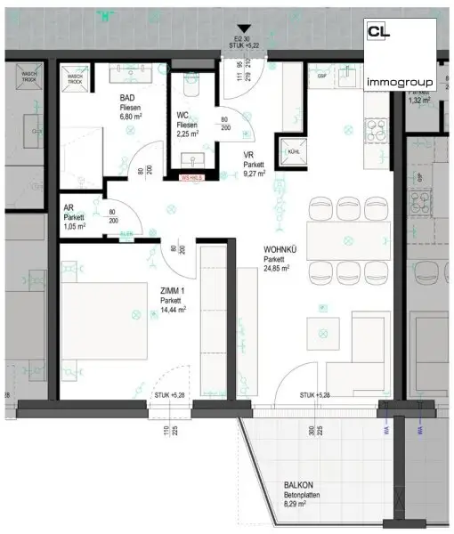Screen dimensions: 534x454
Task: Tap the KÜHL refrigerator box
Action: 292,151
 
